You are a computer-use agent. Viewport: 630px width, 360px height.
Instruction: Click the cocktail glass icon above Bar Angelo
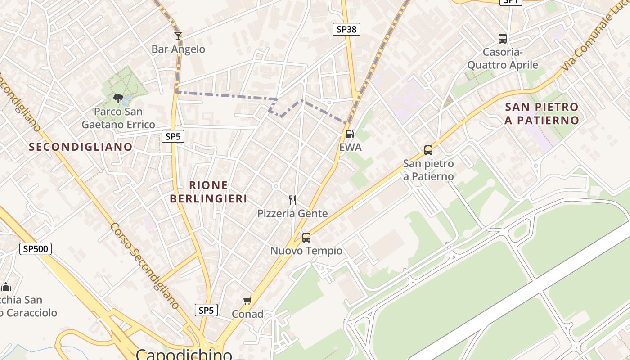tap(178, 36)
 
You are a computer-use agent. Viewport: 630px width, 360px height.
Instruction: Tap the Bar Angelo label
tap(178, 49)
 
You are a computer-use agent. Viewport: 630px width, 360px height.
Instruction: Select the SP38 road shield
tap(346, 29)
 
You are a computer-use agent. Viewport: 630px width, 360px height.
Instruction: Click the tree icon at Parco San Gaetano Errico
tap(118, 98)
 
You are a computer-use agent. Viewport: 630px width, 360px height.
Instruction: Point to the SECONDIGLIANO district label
tap(81, 147)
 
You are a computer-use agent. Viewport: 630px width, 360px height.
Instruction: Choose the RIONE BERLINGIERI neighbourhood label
tap(209, 192)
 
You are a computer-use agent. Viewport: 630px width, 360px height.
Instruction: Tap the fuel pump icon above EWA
tap(350, 134)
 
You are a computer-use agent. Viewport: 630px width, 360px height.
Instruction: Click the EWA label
tap(350, 147)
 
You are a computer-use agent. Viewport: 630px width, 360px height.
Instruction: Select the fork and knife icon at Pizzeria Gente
tap(292, 200)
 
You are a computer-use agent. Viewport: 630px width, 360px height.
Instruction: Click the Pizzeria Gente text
tap(292, 213)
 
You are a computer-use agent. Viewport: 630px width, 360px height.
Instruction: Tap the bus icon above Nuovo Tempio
tap(306, 237)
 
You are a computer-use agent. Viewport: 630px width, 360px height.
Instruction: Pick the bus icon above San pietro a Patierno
tap(428, 150)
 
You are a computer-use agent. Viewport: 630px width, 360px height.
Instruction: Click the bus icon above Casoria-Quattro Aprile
tap(503, 39)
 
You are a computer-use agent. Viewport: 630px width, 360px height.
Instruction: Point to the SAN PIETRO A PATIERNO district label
tap(542, 113)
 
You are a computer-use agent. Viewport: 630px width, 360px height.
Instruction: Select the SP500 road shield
tap(36, 248)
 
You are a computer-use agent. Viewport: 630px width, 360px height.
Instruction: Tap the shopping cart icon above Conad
tap(247, 301)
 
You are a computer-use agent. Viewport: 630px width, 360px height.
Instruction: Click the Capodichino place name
tap(184, 354)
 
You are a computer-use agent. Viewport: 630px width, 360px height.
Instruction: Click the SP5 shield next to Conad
tap(206, 310)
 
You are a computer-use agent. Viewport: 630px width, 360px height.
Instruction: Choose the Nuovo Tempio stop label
tap(306, 251)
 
